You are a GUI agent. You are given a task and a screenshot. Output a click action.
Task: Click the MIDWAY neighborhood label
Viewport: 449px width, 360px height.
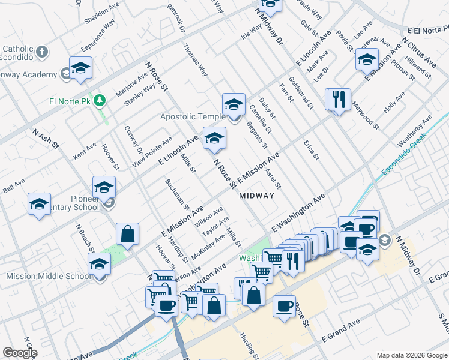(x=256, y=196)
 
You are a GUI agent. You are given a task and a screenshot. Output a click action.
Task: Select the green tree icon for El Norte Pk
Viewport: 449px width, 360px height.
(x=101, y=100)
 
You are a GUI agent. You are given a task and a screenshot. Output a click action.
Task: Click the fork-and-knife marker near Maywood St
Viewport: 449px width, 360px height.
(x=337, y=99)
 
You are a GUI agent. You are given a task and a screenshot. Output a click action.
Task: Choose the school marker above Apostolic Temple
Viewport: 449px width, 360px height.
(x=234, y=104)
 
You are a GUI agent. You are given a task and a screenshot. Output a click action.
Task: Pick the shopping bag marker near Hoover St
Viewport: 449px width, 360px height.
(x=128, y=234)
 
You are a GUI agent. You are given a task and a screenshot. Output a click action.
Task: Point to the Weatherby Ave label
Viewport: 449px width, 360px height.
(x=415, y=132)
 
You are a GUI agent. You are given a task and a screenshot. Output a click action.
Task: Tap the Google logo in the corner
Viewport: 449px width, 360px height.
(x=20, y=353)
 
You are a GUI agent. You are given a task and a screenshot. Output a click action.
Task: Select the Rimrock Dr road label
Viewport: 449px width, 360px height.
(x=176, y=20)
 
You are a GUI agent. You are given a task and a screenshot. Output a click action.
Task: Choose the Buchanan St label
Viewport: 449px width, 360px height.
(x=178, y=195)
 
